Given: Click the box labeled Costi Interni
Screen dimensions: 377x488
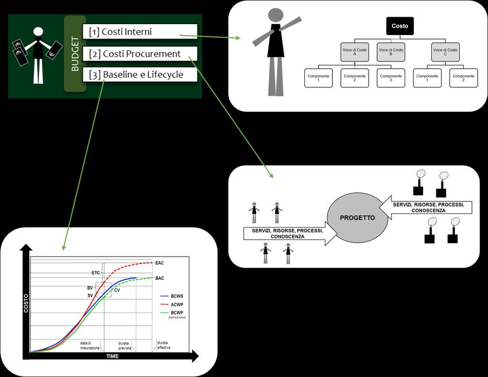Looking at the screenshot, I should click(140, 31).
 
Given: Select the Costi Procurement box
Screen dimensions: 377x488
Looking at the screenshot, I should click(140, 54).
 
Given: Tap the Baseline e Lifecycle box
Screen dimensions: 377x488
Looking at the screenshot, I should click(140, 75).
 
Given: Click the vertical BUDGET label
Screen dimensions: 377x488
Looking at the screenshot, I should click(75, 54).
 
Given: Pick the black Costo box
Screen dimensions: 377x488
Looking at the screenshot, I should click(400, 26).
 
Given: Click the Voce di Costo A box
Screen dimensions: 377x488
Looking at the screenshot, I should click(355, 53).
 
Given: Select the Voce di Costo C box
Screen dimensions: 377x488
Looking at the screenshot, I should click(446, 53).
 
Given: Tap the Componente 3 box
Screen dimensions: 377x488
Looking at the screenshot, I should click(391, 78).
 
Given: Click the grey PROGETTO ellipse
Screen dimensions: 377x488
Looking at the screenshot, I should click(357, 218).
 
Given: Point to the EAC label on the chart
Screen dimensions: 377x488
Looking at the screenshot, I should click(160, 263).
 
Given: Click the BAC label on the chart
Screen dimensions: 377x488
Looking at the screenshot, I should click(160, 278).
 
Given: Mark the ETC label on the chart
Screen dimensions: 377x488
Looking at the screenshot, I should click(96, 273).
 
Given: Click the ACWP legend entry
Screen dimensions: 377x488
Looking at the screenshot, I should click(177, 305).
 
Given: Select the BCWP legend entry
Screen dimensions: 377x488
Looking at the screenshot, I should click(177, 313).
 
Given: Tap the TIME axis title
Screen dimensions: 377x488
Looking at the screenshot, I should click(113, 357).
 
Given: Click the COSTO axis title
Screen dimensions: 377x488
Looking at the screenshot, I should click(26, 304).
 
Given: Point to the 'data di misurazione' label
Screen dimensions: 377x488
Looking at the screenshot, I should click(90, 345).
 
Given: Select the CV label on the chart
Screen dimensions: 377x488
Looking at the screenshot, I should click(117, 290).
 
